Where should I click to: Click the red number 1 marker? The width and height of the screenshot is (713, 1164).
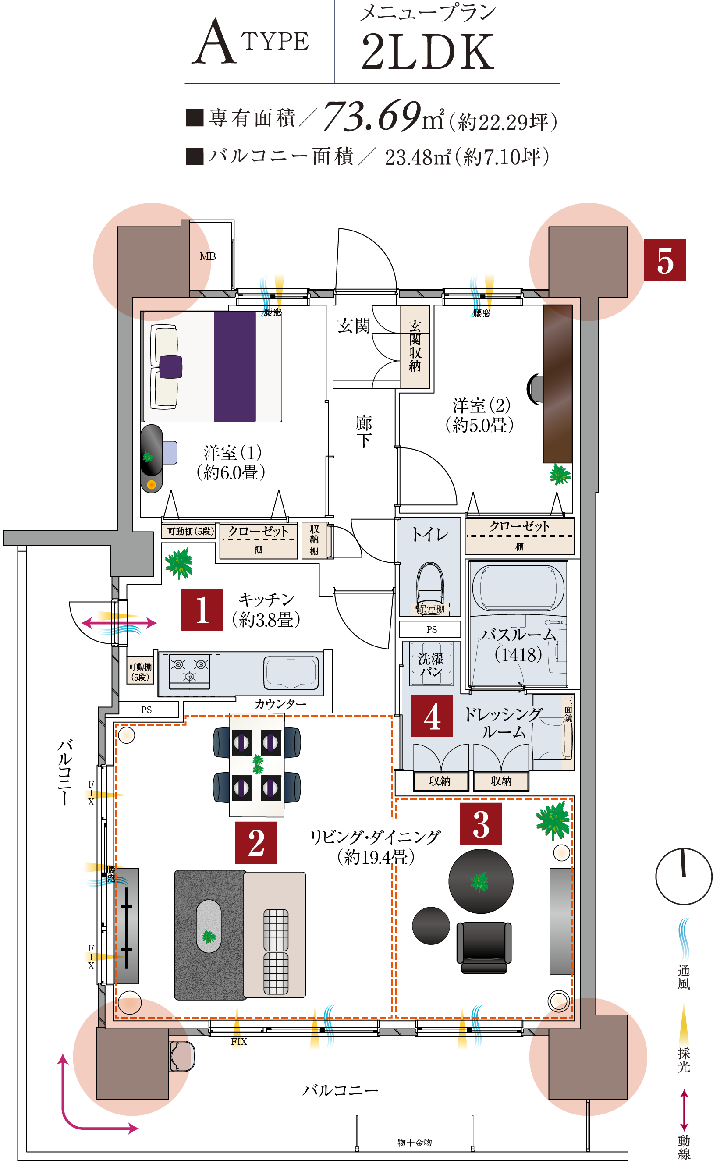[x=202, y=610]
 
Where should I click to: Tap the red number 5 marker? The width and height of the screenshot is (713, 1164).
[x=664, y=260]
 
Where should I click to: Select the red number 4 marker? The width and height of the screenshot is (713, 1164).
[x=431, y=716]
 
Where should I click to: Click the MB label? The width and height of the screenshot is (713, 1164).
[x=207, y=256]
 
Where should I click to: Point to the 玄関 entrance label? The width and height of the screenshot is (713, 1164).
[x=353, y=326]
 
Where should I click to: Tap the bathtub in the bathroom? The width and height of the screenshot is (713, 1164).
[x=518, y=587]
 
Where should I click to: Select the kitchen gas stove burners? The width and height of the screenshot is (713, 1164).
[x=189, y=670]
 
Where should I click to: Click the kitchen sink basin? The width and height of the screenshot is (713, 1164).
[x=291, y=672]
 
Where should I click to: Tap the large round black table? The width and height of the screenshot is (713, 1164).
[x=481, y=881]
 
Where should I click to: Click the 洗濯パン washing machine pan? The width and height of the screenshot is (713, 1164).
[x=431, y=664]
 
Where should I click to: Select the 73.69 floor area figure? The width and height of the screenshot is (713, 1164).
[x=372, y=115]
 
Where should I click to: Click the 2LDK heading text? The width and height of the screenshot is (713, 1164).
[x=428, y=52]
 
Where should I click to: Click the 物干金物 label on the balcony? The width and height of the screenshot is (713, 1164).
[x=415, y=1142]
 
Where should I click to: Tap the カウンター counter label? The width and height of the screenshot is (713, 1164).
[x=280, y=704]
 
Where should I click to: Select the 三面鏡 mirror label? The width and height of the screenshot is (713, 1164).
[x=568, y=709]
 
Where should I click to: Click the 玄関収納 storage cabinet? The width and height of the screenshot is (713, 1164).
[x=415, y=347]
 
